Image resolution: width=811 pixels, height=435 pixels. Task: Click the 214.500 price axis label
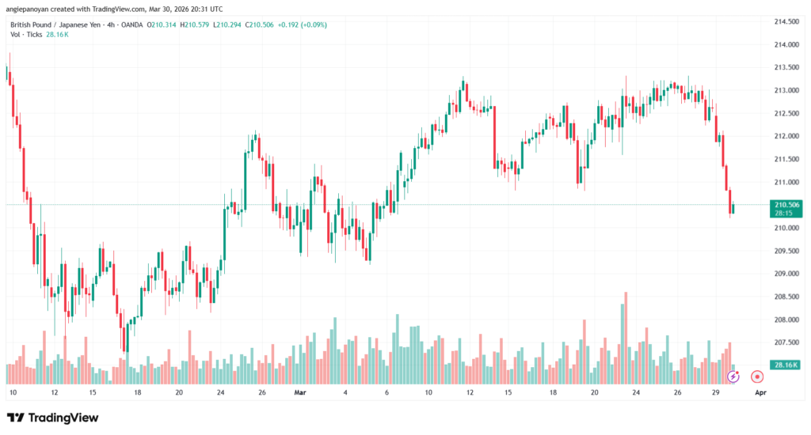(x=785, y=21)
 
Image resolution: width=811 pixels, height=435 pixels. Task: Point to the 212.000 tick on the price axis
(x=785, y=136)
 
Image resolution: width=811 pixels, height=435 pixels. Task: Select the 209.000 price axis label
(x=785, y=274)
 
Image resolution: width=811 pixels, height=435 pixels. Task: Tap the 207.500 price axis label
(x=785, y=342)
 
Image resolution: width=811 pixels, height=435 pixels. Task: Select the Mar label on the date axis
(x=299, y=391)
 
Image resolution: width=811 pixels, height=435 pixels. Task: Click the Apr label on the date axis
(x=760, y=391)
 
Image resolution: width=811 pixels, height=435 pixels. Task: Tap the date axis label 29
(x=715, y=391)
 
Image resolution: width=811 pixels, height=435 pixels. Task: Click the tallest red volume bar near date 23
(x=626, y=332)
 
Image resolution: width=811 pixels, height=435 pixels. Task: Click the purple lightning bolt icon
(x=733, y=377)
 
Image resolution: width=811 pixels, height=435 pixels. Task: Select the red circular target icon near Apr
(x=756, y=377)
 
